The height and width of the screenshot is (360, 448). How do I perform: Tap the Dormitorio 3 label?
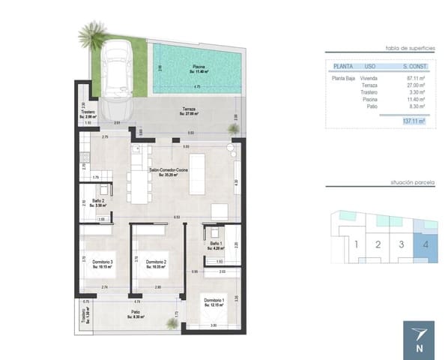(x=103, y=262)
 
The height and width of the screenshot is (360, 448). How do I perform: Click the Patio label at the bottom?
(x=136, y=314)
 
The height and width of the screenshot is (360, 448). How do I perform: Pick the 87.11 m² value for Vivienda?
(x=414, y=77)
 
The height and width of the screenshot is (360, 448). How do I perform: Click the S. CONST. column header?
(x=413, y=66)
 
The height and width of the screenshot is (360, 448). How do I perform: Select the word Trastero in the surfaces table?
(x=369, y=91)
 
